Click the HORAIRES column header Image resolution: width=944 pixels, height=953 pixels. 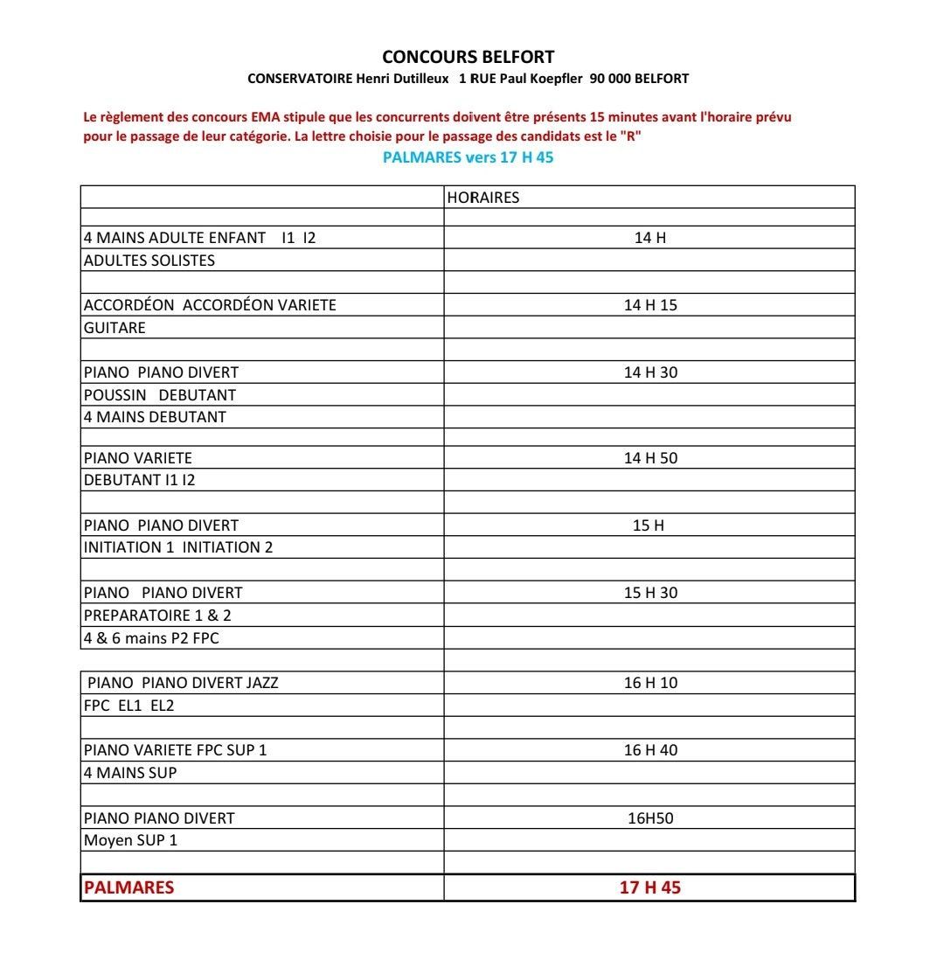(482, 198)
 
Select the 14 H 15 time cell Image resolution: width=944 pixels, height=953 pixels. (649, 305)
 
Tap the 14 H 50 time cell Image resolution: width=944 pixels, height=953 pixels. (649, 458)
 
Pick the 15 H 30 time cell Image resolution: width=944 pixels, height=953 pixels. (649, 593)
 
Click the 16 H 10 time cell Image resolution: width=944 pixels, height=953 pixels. (649, 683)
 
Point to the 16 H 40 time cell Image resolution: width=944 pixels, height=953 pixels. (649, 750)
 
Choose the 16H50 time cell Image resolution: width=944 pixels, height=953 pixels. (649, 818)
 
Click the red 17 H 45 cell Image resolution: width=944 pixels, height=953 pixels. (649, 887)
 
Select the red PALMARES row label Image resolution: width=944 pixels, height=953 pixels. (128, 887)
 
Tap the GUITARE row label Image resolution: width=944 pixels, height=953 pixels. (115, 328)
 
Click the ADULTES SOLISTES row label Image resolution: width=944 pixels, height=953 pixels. (149, 261)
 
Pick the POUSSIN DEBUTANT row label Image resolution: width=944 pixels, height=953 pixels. (159, 395)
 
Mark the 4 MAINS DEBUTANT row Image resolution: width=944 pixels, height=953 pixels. (155, 417)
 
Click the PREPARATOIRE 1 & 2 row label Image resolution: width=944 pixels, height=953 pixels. (157, 616)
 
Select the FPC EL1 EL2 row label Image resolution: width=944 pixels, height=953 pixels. (128, 706)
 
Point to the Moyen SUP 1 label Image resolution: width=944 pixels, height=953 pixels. (130, 841)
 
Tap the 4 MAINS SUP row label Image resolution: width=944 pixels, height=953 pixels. (130, 773)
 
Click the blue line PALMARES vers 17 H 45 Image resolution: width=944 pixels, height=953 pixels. (468, 157)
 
